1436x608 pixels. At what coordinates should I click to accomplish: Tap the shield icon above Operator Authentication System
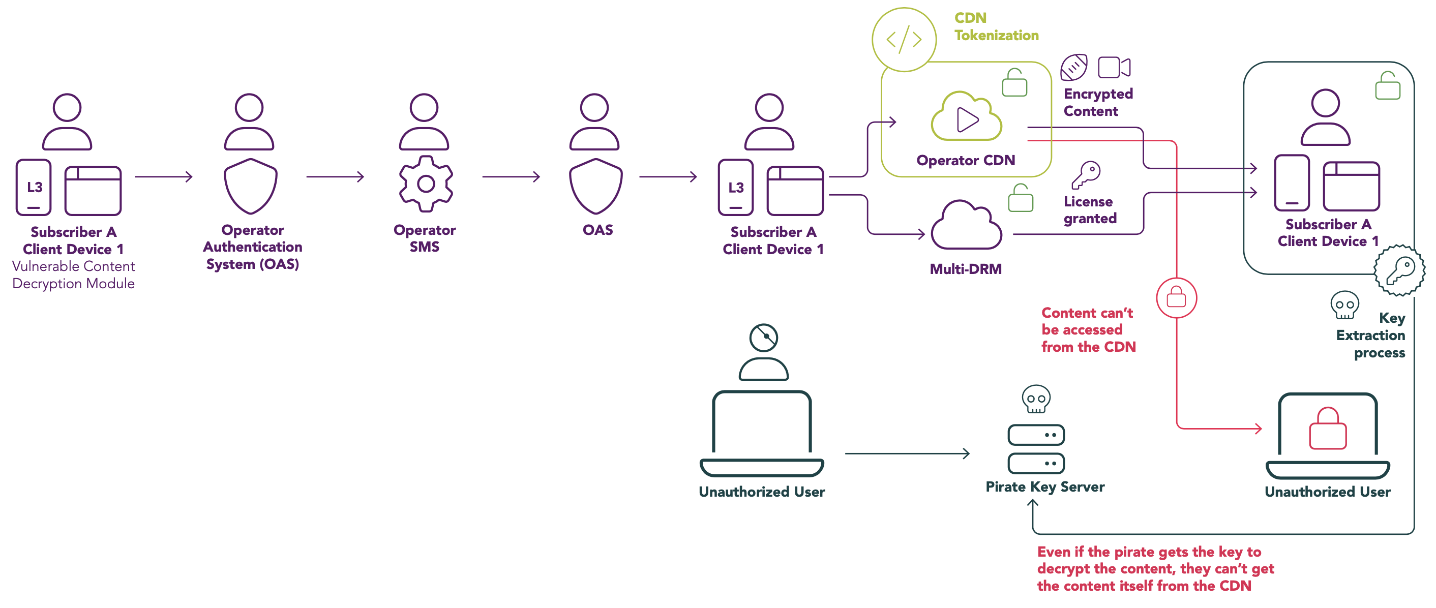click(x=250, y=186)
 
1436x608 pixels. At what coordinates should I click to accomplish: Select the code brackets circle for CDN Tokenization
click(x=904, y=40)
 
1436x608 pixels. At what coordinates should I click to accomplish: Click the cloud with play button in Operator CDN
click(x=967, y=117)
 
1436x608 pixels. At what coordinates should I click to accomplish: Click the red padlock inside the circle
click(x=1176, y=297)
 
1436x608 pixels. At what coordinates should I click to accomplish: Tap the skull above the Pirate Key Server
click(x=1036, y=399)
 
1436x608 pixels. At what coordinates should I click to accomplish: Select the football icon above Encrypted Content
click(x=1073, y=68)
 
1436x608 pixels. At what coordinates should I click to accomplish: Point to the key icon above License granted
click(x=1086, y=175)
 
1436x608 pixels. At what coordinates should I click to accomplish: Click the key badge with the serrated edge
click(x=1399, y=270)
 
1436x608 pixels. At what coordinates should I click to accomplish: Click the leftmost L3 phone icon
click(x=34, y=187)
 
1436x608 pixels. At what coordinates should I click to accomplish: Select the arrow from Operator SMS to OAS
click(x=511, y=177)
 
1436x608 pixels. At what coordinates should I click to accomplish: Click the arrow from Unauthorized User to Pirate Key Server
click(x=907, y=453)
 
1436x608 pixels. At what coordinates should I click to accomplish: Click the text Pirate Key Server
click(x=1044, y=487)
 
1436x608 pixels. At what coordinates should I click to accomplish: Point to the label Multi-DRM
click(x=966, y=268)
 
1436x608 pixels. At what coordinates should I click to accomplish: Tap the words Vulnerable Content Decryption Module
click(x=74, y=275)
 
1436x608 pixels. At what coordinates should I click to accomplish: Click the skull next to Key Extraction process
click(x=1344, y=305)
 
